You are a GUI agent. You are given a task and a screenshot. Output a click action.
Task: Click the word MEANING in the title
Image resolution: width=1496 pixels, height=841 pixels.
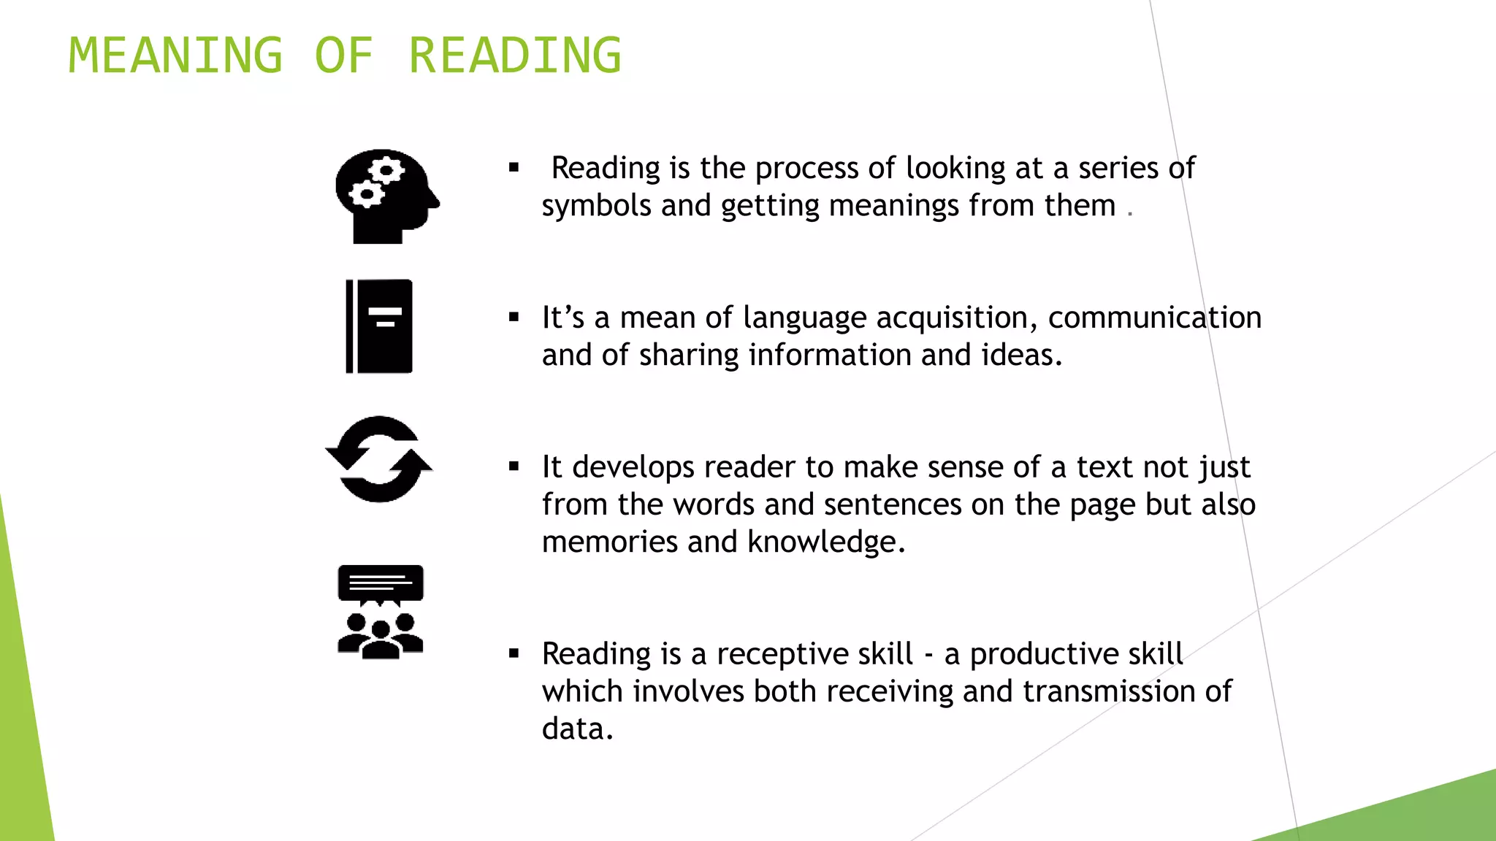tap(175, 55)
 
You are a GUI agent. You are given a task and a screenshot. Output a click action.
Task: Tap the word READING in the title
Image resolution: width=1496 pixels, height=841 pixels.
tap(515, 55)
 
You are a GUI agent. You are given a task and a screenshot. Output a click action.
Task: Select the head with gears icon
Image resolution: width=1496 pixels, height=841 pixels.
tap(386, 196)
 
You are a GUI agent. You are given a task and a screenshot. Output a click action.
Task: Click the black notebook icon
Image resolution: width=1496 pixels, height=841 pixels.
tap(379, 326)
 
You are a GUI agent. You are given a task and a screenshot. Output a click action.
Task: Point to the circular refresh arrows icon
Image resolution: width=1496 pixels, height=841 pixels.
tap(378, 459)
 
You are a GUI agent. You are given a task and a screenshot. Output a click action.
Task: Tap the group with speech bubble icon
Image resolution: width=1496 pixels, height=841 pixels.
tap(381, 612)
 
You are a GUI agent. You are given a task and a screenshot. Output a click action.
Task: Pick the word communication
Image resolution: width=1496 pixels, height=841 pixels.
tap(1154, 318)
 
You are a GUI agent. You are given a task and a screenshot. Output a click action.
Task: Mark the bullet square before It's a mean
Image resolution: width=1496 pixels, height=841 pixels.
tap(514, 317)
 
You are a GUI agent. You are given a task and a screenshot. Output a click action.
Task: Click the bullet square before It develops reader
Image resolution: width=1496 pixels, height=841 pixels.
tap(514, 466)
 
